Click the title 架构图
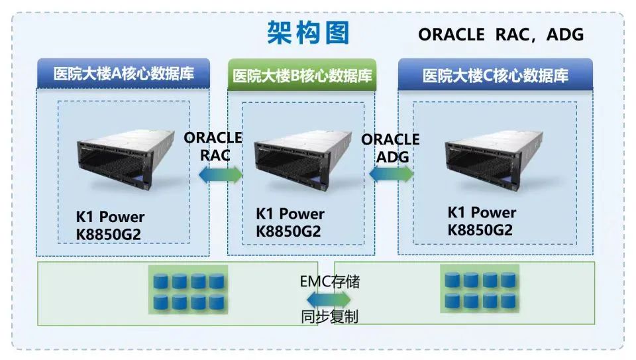[308, 32]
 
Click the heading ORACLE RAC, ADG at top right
[501, 34]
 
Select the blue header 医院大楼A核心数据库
[123, 74]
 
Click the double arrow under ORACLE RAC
[221, 174]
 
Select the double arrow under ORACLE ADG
[391, 174]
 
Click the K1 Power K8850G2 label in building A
[109, 225]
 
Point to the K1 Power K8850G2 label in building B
[290, 223]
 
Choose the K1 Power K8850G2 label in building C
[482, 221]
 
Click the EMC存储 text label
[329, 281]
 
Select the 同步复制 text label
[329, 316]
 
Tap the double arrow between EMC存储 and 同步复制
[329, 299]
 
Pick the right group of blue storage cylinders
[480, 290]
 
